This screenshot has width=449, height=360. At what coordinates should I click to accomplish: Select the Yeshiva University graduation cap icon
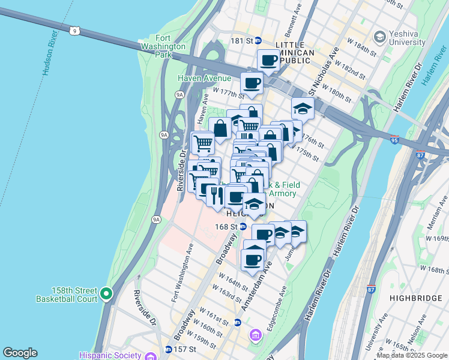tap(379, 37)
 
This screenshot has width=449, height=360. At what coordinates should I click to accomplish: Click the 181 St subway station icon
tap(258, 41)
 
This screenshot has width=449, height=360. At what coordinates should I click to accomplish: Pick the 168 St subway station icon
tap(243, 226)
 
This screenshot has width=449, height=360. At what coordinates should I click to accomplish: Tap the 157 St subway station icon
tap(168, 349)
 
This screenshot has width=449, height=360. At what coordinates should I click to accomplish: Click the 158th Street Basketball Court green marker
tap(106, 293)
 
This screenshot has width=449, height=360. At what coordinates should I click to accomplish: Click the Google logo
tap(20, 353)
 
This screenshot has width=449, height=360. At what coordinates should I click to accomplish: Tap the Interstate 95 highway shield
tap(394, 138)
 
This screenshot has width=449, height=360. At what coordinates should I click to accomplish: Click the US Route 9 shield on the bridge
tap(74, 31)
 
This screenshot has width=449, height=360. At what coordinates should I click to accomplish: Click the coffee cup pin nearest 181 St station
tap(268, 60)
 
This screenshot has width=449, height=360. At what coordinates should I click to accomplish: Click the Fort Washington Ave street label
tap(181, 273)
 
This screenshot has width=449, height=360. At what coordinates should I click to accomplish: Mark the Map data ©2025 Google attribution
tap(411, 355)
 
